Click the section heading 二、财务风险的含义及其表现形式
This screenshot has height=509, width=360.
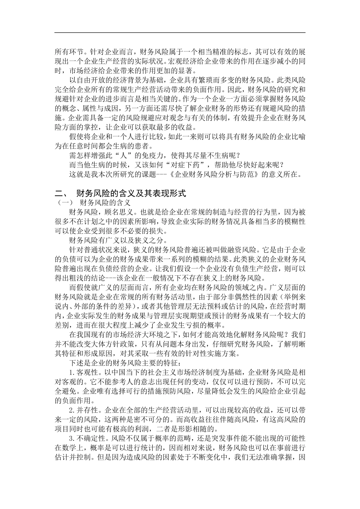tap(120, 194)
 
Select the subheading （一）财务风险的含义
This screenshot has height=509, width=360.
tap(92, 203)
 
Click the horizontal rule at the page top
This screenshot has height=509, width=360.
tap(180, 32)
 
